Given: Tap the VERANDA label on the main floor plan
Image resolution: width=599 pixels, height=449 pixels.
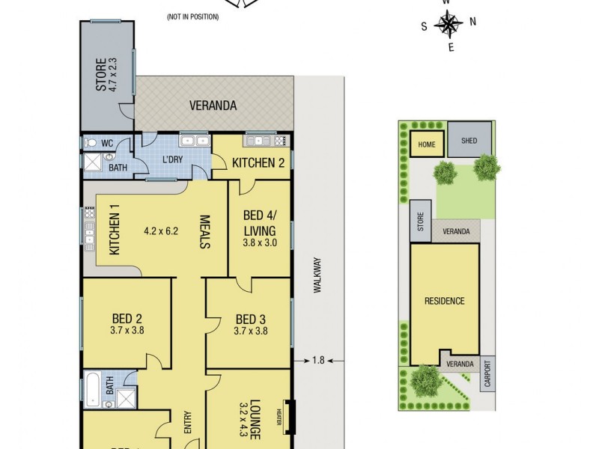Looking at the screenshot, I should pyautogui.click(x=213, y=106).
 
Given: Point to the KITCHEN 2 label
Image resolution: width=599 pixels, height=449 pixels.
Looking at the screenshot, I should pyautogui.click(x=258, y=163).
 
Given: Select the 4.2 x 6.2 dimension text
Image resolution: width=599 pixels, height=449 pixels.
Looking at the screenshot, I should pyautogui.click(x=161, y=230).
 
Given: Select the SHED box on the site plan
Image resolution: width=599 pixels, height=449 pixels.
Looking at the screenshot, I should pyautogui.click(x=469, y=141).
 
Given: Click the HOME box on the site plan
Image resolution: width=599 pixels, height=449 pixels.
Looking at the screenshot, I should pyautogui.click(x=426, y=144).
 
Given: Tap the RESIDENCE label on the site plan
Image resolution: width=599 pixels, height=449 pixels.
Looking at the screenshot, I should pyautogui.click(x=445, y=301).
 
